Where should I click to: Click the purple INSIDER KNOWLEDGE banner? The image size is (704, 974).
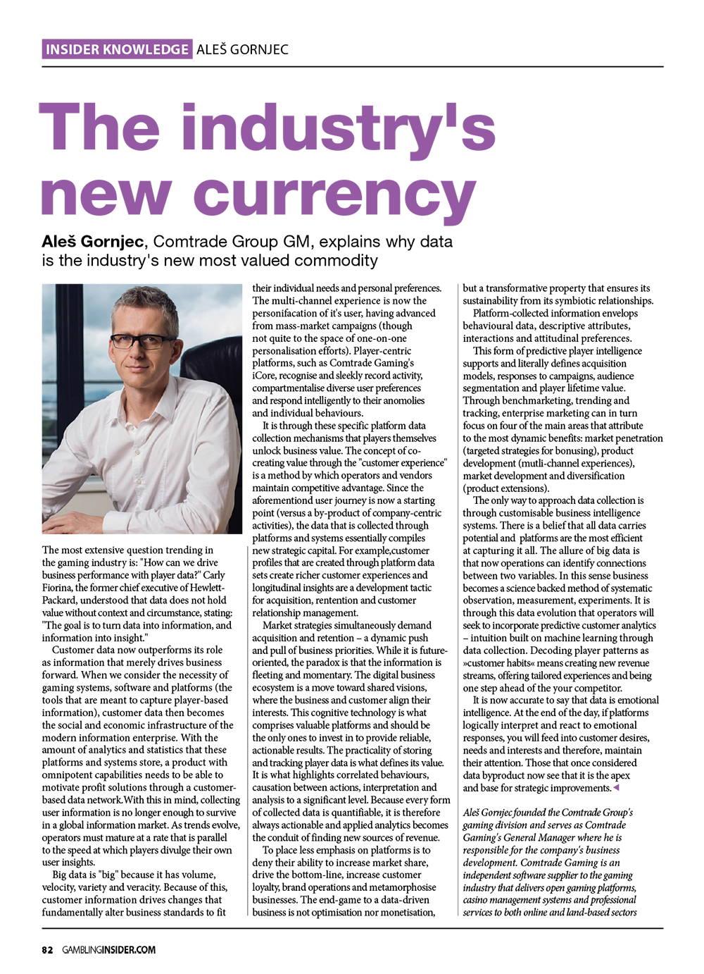coord(116,49)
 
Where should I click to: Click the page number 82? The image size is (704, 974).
coord(47,949)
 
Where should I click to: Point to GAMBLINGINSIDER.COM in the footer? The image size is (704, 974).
coord(109,949)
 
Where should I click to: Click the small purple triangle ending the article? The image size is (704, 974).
coord(617,787)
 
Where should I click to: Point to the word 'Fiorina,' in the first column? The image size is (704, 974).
coord(60,588)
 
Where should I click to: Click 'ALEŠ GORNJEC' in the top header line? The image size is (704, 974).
coord(242,49)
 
